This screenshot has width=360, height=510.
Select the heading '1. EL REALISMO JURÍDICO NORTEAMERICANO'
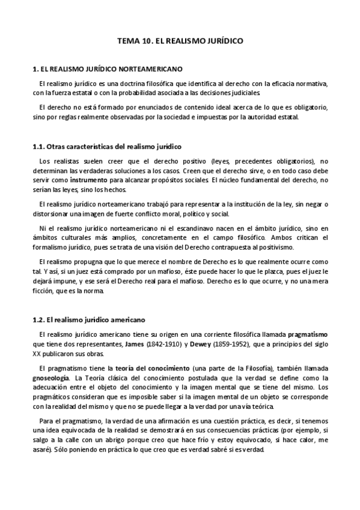click(x=108, y=69)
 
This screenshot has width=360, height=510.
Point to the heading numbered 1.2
click(x=89, y=319)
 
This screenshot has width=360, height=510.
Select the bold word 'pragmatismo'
click(x=308, y=334)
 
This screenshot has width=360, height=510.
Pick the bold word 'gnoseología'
click(x=50, y=377)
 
